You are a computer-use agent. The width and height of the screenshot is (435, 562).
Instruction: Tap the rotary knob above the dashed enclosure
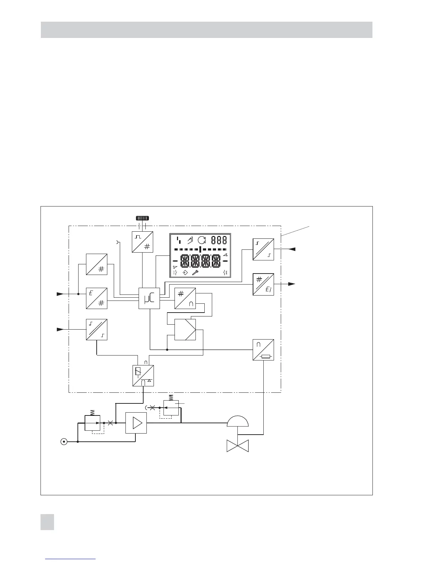(x=142, y=218)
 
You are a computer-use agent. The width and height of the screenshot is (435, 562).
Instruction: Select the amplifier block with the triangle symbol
(x=136, y=423)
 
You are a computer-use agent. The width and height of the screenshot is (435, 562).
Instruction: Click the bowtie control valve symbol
(x=238, y=446)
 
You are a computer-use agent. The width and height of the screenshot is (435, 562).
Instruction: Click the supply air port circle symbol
(x=64, y=442)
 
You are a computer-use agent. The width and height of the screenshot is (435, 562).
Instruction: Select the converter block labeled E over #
(x=97, y=298)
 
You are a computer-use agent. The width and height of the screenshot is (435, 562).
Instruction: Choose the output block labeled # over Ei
(x=263, y=284)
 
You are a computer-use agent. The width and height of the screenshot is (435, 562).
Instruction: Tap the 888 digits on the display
(x=219, y=240)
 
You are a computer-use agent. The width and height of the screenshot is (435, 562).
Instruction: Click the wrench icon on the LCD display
(x=195, y=272)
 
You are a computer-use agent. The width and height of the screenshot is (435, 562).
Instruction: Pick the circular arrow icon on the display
(x=202, y=240)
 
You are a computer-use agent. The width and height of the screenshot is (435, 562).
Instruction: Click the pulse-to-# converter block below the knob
(x=143, y=242)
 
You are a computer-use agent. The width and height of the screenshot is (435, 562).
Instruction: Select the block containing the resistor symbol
(x=263, y=350)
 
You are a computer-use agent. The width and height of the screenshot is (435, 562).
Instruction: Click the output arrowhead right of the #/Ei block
(x=291, y=284)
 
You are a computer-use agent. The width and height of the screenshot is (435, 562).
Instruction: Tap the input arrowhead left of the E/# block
(x=60, y=294)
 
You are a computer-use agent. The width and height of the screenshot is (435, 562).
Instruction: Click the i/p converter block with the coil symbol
(x=143, y=376)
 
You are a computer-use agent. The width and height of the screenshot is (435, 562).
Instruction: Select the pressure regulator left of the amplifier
(x=92, y=422)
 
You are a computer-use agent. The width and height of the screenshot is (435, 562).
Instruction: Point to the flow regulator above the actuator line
(x=171, y=408)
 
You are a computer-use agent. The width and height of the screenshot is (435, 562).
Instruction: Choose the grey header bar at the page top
(x=206, y=30)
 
